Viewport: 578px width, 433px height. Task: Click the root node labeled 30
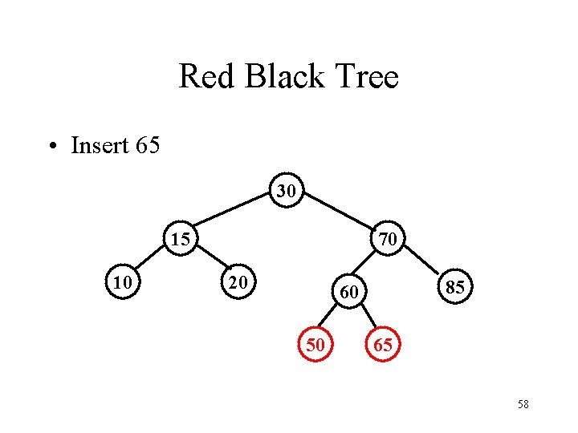(287, 191)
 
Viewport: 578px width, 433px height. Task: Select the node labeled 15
(181, 238)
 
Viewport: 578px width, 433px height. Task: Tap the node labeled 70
(387, 238)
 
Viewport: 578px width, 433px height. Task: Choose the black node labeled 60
(348, 293)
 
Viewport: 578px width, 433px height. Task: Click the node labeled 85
(454, 287)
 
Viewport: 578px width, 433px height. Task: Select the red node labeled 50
(315, 345)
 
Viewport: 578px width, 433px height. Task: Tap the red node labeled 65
(382, 345)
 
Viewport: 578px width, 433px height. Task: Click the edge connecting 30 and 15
(234, 213)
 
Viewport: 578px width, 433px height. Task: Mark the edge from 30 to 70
(337, 213)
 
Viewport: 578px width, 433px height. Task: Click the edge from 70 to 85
(421, 261)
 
